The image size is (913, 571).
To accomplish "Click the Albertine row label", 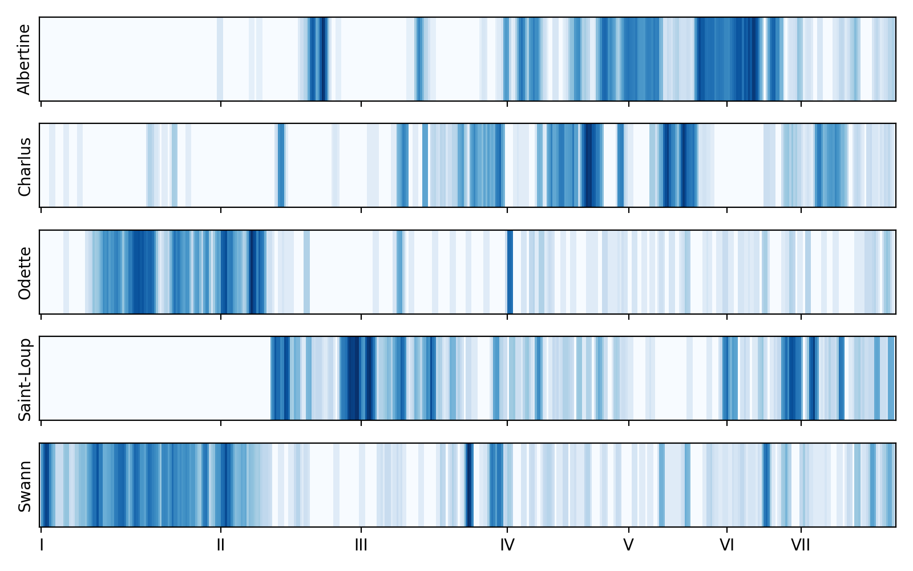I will pos(24,59).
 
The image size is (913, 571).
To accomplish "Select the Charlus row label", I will pos(24,166).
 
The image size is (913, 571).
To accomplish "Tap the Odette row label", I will pos(24,273).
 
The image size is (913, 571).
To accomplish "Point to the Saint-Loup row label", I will pos(24,379).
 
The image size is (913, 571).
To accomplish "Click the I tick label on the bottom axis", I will pos(41,545).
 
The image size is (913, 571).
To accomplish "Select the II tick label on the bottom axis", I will pos(221,545).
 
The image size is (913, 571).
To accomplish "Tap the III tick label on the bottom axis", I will pos(361,545).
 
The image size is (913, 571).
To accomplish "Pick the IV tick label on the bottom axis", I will pos(507,545).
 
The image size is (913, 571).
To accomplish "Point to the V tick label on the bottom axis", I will pos(628,545).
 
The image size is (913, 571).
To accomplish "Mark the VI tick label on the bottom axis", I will pos(726,545).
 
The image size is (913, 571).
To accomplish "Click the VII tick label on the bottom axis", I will pos(801,545).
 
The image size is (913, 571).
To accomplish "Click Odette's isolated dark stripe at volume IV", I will pos(510,272).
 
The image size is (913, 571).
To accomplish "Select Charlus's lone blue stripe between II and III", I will pos(281,166).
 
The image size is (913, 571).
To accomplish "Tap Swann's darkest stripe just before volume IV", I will pos(468,485).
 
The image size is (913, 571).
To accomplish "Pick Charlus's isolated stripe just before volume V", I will pos(620,166).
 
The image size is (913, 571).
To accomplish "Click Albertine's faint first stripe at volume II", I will pos(220,59).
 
